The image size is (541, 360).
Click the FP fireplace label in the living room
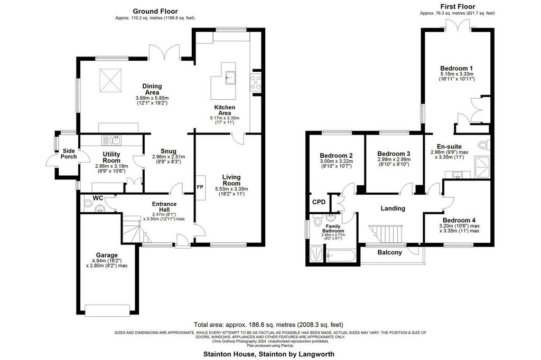click(200, 187)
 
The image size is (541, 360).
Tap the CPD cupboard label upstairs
click(319, 202)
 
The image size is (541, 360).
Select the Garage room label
click(107, 255)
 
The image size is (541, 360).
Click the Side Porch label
click(69, 154)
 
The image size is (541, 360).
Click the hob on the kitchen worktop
click(256, 82)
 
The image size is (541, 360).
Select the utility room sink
click(111, 140)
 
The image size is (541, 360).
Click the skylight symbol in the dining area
click(111, 80)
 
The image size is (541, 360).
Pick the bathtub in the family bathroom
click(341, 256)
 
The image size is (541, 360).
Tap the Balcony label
click(389, 252)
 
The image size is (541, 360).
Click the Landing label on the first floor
click(393, 209)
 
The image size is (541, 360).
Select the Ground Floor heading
click(155, 12)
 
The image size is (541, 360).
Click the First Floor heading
click(458, 6)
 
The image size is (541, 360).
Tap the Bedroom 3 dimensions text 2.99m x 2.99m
click(394, 159)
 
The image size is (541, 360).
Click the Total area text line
click(268, 325)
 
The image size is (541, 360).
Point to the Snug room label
click(169, 151)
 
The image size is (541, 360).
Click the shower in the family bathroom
click(317, 254)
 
